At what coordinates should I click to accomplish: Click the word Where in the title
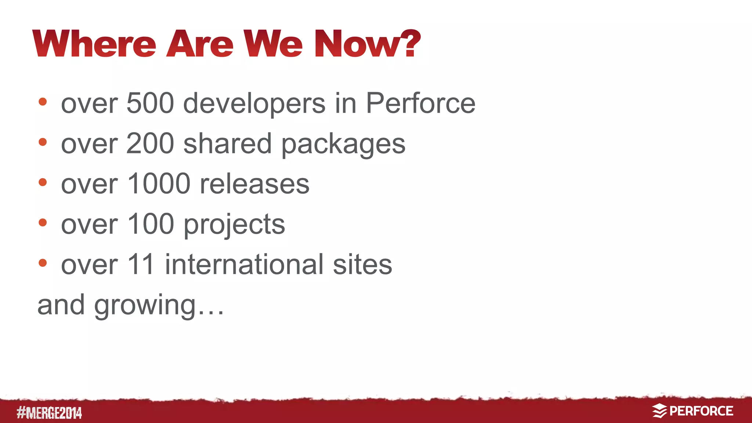pos(94,44)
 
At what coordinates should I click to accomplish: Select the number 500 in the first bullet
pos(150,103)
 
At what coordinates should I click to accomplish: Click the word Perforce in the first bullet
pos(420,103)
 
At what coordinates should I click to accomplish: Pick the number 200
pos(150,144)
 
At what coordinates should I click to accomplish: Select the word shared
pos(227,144)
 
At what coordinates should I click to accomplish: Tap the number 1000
pos(159,184)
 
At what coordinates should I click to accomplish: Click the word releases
pos(254,184)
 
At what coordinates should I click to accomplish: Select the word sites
pos(362,265)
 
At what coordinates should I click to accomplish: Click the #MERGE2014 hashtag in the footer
pos(49,413)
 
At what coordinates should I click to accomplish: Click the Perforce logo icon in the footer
pos(659,411)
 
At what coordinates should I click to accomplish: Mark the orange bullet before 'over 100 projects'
pos(43,222)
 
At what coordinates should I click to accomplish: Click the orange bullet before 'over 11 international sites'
pos(43,263)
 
